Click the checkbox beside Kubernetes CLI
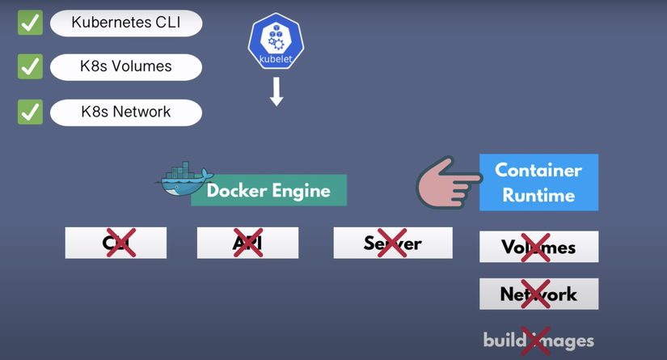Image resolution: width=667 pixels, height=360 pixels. pyautogui.click(x=31, y=23)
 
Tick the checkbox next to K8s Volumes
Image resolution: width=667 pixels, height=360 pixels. pyautogui.click(x=31, y=66)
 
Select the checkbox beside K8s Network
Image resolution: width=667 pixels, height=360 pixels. pyautogui.click(x=31, y=112)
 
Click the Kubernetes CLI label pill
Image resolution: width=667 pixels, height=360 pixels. pyautogui.click(x=125, y=23)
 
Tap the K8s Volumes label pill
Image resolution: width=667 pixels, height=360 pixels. pyautogui.click(x=125, y=66)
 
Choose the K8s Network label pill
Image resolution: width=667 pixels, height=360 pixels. pyautogui.click(x=125, y=112)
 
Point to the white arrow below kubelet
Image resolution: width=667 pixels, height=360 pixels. pyautogui.click(x=276, y=93)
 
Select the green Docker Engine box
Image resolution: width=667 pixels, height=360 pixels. pyautogui.click(x=268, y=191)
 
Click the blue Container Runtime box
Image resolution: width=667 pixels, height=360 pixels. pyautogui.click(x=538, y=183)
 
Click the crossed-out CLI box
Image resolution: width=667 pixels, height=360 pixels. pyautogui.click(x=116, y=243)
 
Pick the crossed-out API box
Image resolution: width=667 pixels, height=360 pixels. pyautogui.click(x=247, y=243)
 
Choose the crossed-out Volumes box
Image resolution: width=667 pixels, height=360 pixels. pyautogui.click(x=538, y=247)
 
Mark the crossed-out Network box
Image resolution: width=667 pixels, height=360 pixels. pyautogui.click(x=538, y=294)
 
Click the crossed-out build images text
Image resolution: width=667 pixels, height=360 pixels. pyautogui.click(x=538, y=340)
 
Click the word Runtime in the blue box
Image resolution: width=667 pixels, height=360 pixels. pyautogui.click(x=538, y=195)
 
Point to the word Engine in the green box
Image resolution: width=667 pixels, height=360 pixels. pyautogui.click(x=300, y=191)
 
